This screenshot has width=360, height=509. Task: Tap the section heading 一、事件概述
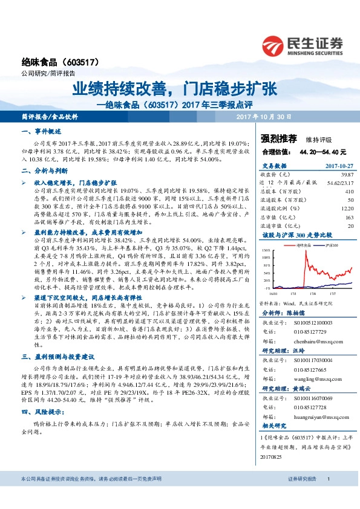42,131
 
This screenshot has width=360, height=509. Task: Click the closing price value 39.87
347,173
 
